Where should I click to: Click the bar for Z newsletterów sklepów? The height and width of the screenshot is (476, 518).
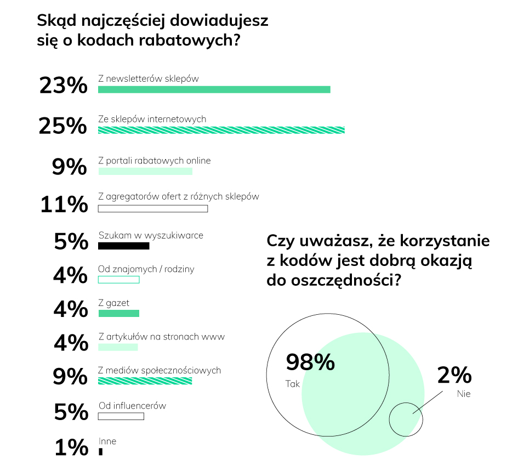tap(214, 89)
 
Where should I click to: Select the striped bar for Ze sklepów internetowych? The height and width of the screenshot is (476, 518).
tap(221, 130)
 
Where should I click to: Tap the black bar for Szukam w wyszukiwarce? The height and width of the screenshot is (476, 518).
tap(123, 246)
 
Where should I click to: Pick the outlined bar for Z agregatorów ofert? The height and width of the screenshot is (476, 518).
tap(153, 209)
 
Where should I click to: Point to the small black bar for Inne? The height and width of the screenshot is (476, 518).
tap(100, 451)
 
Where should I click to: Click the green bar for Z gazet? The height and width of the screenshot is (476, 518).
tap(118, 314)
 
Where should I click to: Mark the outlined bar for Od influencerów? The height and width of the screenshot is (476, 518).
tap(121, 416)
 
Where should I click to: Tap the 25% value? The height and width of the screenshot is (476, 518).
tap(62, 126)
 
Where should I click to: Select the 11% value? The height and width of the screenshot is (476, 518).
tap(64, 205)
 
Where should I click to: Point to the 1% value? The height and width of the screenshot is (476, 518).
tap(71, 447)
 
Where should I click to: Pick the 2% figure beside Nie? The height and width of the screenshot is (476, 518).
tap(454, 375)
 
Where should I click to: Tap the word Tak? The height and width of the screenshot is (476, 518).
tap(293, 384)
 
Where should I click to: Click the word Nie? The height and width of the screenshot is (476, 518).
tap(464, 393)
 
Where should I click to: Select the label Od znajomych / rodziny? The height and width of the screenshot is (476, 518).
tap(146, 269)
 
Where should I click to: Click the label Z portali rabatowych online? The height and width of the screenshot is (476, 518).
tap(155, 161)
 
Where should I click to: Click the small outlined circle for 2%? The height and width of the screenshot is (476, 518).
tap(406, 420)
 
